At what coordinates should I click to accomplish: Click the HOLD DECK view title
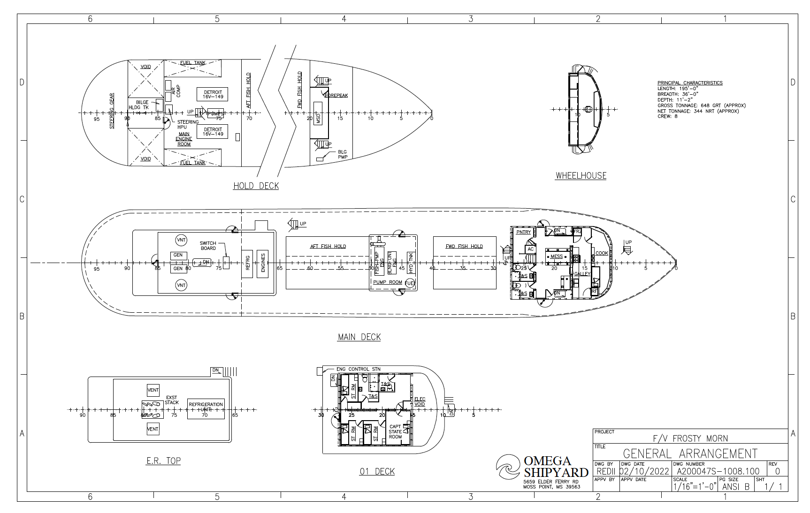click(x=256, y=186)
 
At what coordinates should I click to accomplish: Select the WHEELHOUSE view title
click(x=581, y=176)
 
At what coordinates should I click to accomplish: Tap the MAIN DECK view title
click(x=359, y=337)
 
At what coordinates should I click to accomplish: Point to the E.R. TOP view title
click(x=163, y=461)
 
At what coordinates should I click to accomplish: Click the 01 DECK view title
click(x=377, y=472)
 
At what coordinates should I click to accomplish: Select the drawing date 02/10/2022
click(x=645, y=471)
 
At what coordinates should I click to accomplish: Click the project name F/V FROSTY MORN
click(x=690, y=438)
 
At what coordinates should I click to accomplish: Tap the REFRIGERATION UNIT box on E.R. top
click(x=206, y=407)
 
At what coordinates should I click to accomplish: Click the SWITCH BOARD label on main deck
click(x=208, y=246)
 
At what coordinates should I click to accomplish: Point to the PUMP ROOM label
click(x=387, y=282)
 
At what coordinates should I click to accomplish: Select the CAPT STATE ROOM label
click(x=395, y=432)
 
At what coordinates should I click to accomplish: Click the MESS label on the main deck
click(x=557, y=256)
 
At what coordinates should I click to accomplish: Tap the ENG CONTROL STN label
click(x=358, y=370)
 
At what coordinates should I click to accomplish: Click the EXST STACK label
click(x=171, y=400)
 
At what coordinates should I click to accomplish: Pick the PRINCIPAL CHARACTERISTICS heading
click(x=689, y=83)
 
